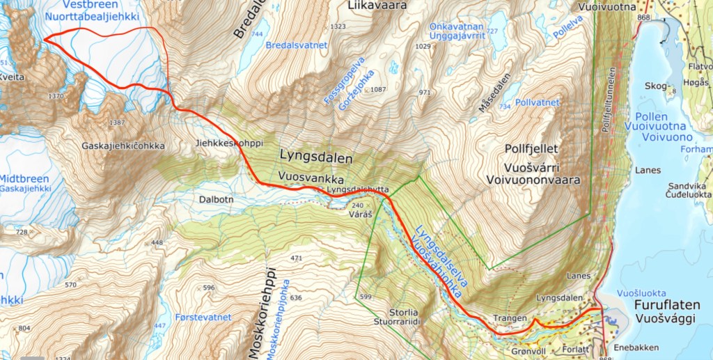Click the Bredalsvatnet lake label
click(296, 45)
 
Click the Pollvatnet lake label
click(540, 102)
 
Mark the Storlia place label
click(402, 311)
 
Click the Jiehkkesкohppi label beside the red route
click(229, 143)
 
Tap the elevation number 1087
click(378, 89)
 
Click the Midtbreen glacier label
click(24, 178)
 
